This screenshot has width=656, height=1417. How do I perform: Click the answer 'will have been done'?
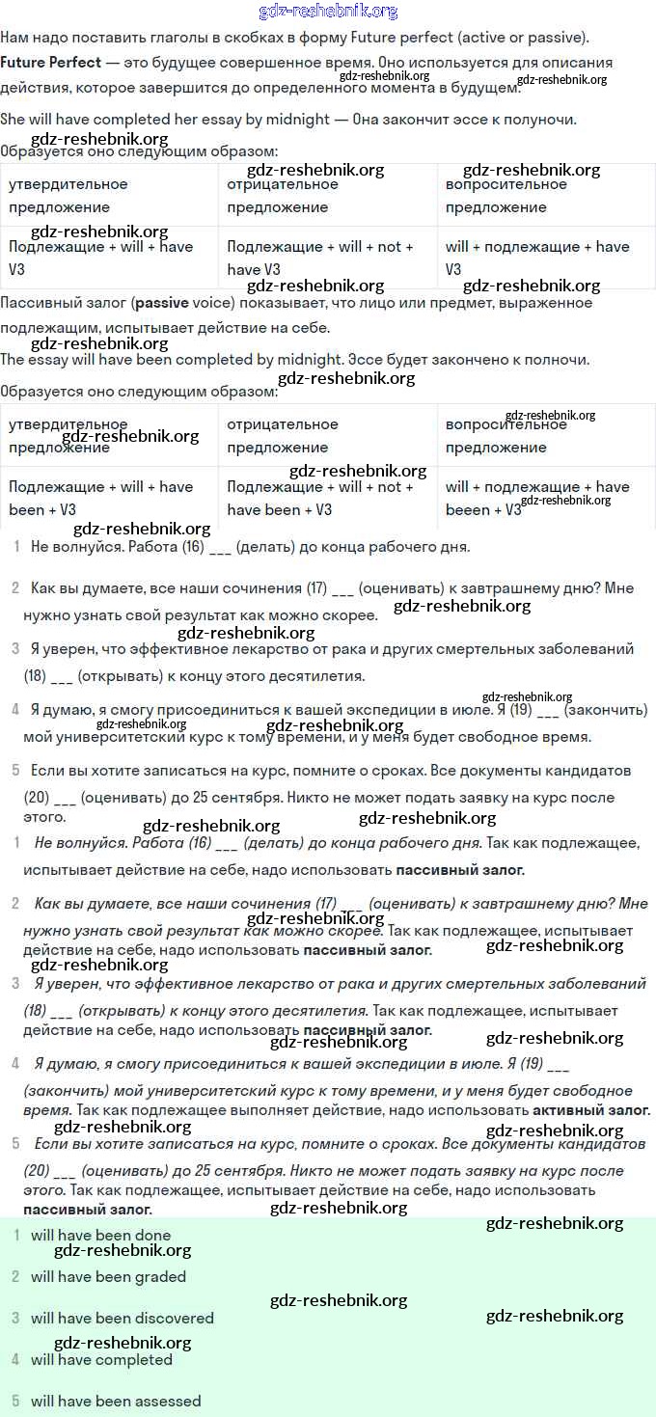coord(100,1235)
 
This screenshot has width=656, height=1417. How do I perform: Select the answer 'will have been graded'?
coord(108,1276)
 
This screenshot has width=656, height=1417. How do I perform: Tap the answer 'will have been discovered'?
coord(122,1318)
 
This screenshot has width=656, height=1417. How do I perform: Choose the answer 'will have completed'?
coord(101,1359)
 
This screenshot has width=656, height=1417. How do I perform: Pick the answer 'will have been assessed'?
coord(116,1401)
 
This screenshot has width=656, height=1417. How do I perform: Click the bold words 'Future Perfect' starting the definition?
coord(50,63)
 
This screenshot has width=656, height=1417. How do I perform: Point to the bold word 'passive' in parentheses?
coord(161,303)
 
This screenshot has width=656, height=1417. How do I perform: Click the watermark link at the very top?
coord(328,12)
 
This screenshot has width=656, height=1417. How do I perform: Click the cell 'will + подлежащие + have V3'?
coord(537,258)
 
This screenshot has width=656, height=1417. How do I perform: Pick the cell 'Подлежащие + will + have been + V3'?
coord(101,498)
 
